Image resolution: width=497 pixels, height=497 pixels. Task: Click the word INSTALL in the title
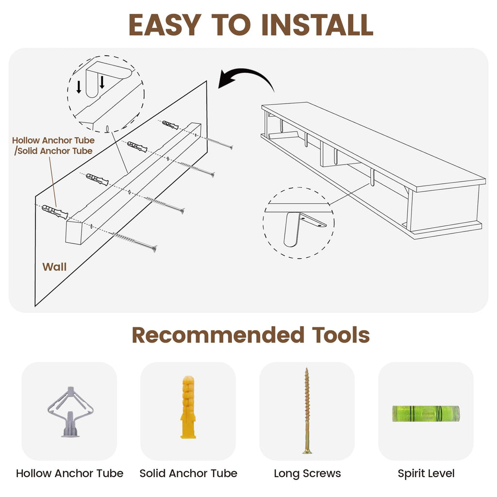click(317, 25)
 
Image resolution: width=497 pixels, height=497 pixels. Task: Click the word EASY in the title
click(165, 25)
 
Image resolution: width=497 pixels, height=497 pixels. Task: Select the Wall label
click(54, 267)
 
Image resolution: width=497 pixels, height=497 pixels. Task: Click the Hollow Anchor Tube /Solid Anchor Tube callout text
click(53, 146)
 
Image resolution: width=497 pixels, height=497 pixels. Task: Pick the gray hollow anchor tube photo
click(70, 412)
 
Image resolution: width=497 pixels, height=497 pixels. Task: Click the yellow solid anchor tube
click(188, 407)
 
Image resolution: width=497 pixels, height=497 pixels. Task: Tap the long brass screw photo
click(307, 411)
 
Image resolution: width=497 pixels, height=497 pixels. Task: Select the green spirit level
click(426, 414)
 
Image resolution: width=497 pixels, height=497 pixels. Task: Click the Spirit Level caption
click(426, 474)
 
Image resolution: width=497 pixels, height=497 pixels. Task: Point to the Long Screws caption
click(307, 474)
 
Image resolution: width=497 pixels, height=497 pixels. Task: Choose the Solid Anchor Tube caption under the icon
click(188, 474)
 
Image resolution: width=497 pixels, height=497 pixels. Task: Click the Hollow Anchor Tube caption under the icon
click(69, 474)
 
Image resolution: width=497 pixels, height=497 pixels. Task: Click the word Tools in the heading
click(341, 335)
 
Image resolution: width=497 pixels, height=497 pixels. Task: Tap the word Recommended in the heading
click(218, 335)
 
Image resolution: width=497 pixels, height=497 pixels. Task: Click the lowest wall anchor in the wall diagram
click(55, 212)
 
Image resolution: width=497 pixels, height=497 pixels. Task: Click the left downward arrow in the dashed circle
click(79, 87)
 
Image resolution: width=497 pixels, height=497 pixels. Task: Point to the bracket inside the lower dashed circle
click(301, 227)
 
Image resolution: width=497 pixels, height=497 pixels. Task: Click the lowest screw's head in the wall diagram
click(154, 248)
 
